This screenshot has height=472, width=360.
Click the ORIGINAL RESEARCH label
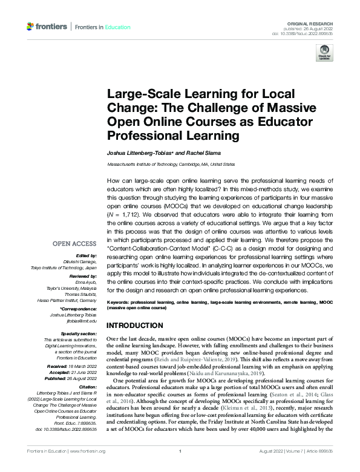point(314,21)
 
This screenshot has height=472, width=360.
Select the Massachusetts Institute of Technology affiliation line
point(171,163)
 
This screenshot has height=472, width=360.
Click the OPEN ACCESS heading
point(75,243)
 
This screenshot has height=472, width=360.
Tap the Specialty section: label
point(79,333)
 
